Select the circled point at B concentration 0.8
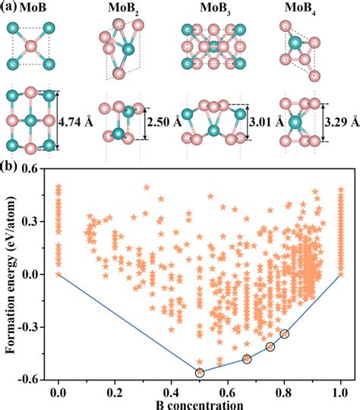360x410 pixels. click(285, 334)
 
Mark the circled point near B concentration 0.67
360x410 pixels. click(247, 359)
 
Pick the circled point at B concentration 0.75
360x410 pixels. click(270, 346)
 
